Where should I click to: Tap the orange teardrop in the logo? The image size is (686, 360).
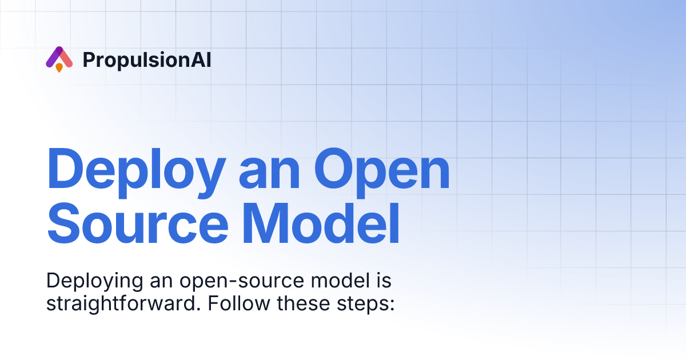59,68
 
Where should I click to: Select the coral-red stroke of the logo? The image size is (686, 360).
66,58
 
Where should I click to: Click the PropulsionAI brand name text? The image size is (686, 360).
147,60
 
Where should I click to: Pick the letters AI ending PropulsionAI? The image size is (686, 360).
202,60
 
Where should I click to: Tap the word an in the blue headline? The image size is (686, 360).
269,170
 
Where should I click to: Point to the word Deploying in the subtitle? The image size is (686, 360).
92,282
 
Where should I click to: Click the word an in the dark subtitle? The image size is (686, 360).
158,282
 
